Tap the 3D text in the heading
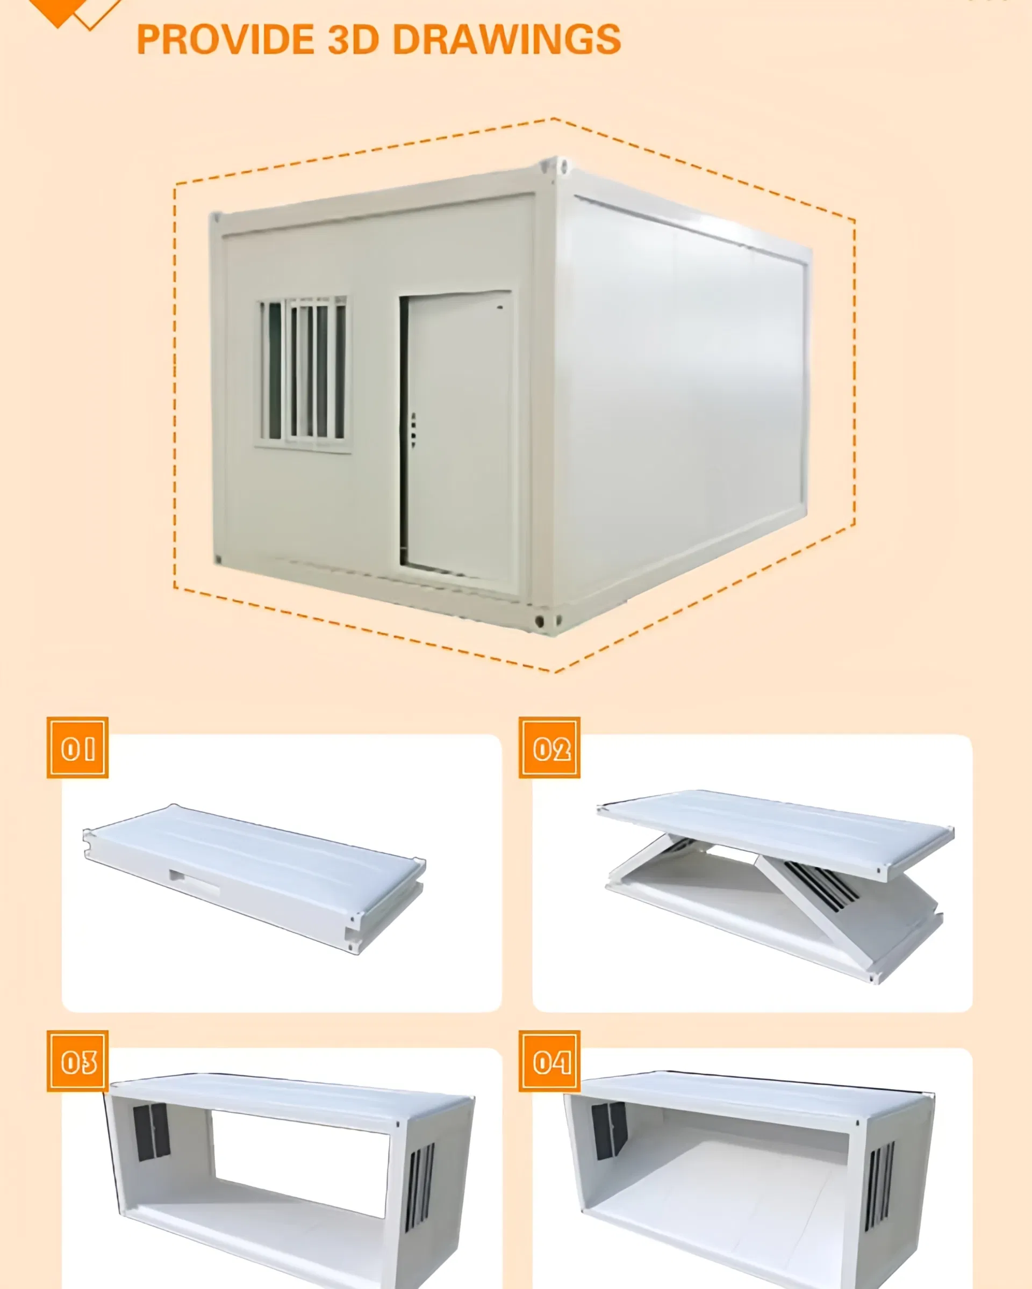click(353, 39)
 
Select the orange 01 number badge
click(78, 747)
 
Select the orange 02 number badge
click(549, 747)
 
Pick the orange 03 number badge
click(78, 1061)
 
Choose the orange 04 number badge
click(549, 1061)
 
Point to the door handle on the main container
click(413, 429)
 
